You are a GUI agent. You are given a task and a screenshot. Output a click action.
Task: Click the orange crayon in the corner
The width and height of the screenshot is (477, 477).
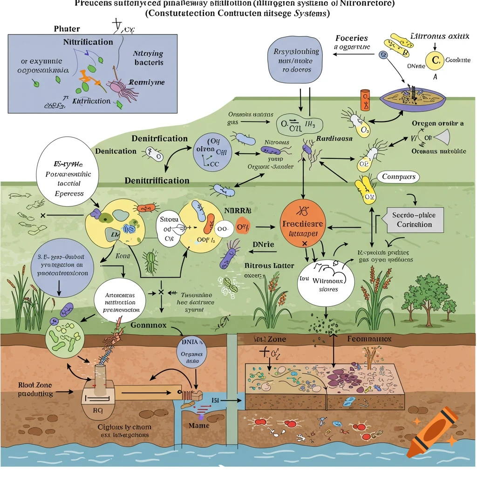click(x=432, y=430)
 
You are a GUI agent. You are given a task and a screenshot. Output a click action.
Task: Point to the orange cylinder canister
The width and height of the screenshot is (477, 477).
click(x=365, y=99)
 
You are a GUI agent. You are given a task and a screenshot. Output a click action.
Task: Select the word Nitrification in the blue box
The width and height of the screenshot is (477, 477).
click(x=88, y=42)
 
